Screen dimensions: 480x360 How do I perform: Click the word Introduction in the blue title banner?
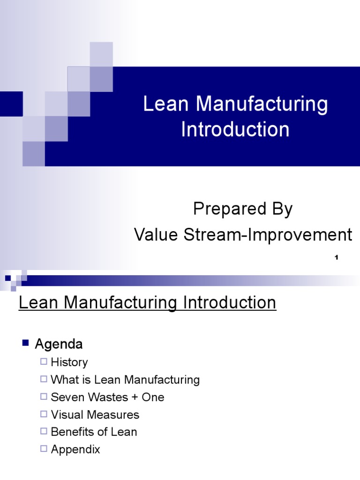[235, 129]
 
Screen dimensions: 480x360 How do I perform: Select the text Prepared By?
[243, 209]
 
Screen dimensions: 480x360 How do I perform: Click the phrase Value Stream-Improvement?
[243, 235]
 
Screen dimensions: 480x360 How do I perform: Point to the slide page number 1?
[336, 257]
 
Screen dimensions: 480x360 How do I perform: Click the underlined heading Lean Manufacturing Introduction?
[147, 303]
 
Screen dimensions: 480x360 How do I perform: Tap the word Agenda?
[59, 344]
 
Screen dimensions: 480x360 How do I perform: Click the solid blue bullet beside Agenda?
[26, 343]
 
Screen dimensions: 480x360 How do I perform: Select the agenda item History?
[69, 362]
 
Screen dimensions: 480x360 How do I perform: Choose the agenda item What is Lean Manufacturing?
[125, 380]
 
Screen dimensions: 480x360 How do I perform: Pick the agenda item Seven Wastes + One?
[107, 397]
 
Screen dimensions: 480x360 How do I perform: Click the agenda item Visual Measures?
[95, 415]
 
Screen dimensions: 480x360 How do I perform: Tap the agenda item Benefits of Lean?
[94, 432]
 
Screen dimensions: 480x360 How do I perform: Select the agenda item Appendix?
[75, 450]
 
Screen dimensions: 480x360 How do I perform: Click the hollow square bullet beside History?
[44, 362]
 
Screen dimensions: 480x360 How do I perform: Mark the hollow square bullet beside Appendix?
[44, 449]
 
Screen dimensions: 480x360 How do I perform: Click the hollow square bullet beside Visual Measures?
[44, 414]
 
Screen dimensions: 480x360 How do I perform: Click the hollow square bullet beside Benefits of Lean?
[44, 432]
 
